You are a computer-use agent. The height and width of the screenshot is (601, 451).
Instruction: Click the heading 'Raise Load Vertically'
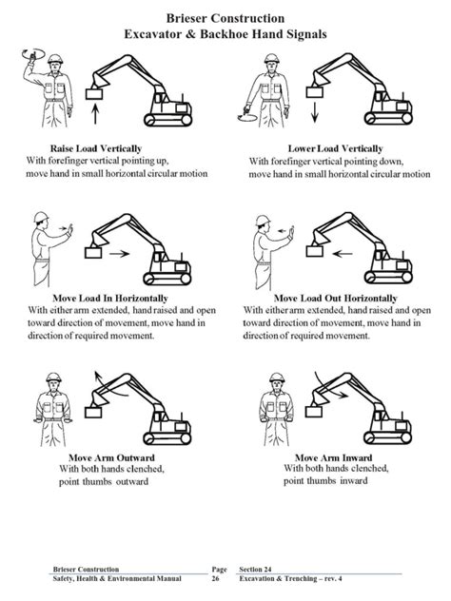96,148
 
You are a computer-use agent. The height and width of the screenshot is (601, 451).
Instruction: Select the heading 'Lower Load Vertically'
335,148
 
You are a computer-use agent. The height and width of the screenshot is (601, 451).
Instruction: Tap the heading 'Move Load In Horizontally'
110,298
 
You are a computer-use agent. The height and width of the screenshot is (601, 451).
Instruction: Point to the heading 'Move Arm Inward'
333,457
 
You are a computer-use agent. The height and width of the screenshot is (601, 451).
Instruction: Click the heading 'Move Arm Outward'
111,457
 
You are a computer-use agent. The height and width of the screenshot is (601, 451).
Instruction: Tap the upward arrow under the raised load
95,115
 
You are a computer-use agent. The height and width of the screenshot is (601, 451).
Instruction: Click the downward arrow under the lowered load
315,112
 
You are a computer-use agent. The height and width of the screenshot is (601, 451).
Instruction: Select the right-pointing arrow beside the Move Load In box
119,253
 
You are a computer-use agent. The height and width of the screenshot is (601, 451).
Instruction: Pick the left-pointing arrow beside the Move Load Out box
343,253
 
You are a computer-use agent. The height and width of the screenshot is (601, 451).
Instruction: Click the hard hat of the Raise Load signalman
55,59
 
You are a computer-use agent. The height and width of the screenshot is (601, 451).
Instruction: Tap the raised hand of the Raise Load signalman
31,56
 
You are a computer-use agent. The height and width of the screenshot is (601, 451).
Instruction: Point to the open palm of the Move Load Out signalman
291,233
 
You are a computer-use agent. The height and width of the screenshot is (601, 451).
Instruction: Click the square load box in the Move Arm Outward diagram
93,413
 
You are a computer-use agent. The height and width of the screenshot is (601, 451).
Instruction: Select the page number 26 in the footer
216,578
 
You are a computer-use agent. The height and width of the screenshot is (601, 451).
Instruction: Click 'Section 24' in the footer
255,570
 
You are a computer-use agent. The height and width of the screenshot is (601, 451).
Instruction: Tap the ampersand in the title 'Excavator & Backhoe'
190,34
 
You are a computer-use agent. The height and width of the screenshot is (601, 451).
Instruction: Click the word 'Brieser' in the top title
187,18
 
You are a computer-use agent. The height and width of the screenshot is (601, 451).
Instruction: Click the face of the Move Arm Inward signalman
277,385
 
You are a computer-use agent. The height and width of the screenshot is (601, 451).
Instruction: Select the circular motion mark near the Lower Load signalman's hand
246,118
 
